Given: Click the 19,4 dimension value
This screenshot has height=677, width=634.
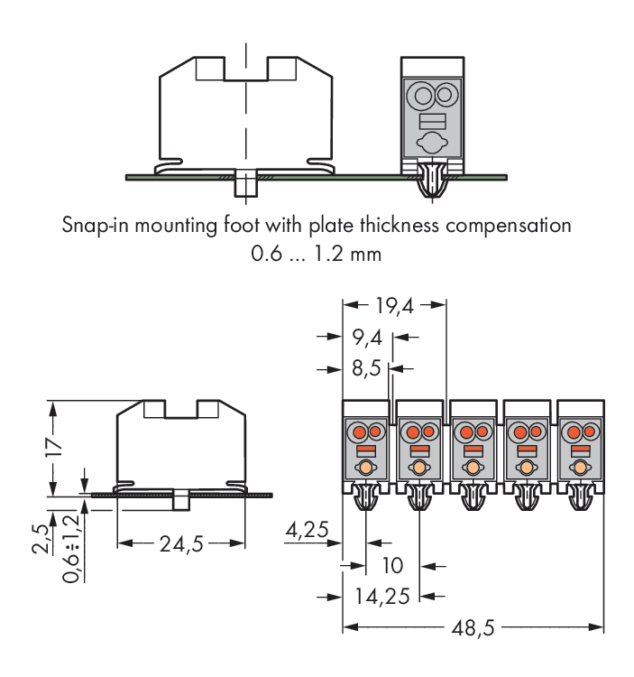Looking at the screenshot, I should [393, 306].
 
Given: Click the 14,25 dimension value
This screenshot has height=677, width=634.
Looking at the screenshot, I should [382, 596].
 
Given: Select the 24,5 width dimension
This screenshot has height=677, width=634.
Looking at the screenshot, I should [180, 543].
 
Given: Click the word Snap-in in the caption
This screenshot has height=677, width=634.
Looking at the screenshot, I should [94, 225].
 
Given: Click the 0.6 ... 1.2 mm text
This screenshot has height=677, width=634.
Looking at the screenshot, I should [316, 255].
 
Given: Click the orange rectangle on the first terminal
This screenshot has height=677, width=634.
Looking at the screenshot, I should [365, 450].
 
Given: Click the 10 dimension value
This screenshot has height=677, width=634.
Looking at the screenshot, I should [392, 566].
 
